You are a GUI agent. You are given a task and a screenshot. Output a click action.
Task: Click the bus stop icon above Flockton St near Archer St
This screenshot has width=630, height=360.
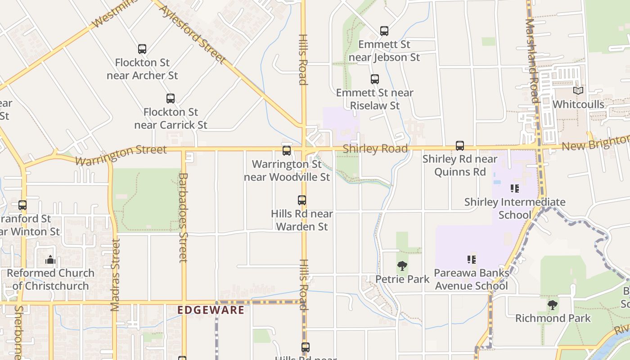(142, 49)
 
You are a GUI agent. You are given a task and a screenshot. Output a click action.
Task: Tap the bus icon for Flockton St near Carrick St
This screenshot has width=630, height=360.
(171, 99)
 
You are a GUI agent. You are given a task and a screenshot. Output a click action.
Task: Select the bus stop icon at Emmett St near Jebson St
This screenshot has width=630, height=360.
(384, 31)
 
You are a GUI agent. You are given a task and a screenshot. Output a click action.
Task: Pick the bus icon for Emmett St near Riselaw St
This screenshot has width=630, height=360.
(375, 79)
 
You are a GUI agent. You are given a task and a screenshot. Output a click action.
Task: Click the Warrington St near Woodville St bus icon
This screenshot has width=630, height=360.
(287, 151)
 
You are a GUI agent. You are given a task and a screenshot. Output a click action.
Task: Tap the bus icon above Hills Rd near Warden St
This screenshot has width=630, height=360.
(302, 200)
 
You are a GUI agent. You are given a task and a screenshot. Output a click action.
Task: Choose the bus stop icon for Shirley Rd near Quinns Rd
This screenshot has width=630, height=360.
(459, 146)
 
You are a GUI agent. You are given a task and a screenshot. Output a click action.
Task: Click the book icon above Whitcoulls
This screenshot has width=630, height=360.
(578, 90)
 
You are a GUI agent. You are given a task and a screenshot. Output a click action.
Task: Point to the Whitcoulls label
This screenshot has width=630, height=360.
(578, 104)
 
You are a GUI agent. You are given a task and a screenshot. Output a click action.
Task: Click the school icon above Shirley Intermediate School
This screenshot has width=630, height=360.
(515, 189)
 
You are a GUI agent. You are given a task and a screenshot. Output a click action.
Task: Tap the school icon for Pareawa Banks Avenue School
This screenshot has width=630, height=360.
(472, 259)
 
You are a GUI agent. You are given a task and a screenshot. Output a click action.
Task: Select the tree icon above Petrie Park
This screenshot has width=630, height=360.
(402, 266)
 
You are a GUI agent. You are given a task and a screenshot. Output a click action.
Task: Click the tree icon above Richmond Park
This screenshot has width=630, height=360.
(552, 305)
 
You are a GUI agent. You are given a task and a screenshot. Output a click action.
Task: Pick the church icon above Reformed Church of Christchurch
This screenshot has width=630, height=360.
(50, 260)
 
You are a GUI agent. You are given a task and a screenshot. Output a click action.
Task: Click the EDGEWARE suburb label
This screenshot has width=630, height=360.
(211, 310)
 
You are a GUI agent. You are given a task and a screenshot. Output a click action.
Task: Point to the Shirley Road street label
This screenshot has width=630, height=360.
(375, 148)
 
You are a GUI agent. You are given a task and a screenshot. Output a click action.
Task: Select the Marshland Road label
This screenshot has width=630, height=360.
(532, 61)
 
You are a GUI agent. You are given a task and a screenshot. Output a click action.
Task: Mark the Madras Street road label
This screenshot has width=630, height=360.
(115, 275)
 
